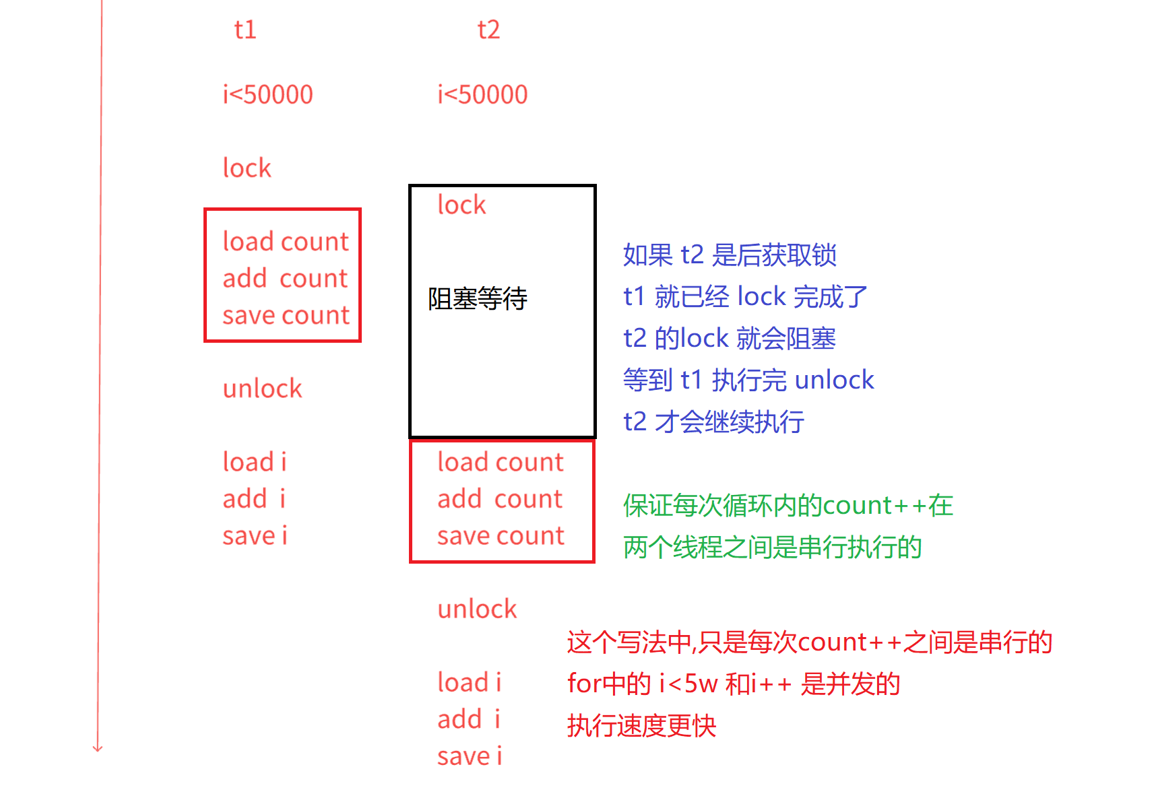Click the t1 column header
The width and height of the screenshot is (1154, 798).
click(245, 30)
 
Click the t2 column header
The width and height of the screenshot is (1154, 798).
click(488, 30)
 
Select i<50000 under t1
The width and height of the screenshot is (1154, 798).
click(267, 95)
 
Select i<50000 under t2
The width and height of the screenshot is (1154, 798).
click(482, 95)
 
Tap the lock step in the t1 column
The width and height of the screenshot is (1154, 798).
click(247, 168)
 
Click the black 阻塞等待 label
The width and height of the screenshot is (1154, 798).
click(477, 298)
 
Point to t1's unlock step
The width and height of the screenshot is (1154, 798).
click(262, 389)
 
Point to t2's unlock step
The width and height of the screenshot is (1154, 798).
click(477, 609)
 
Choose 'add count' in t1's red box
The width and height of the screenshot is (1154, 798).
click(285, 279)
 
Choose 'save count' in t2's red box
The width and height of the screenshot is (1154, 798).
click(501, 536)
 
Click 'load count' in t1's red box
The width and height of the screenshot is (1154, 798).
click(286, 242)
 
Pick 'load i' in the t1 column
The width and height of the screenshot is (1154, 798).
click(255, 463)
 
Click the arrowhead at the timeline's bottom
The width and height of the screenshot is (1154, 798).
click(98, 747)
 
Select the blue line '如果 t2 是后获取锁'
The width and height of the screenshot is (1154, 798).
click(730, 255)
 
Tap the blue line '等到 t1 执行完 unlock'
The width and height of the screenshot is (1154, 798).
click(748, 380)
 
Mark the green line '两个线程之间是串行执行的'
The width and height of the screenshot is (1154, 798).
click(772, 547)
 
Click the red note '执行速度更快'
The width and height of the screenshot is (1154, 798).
click(641, 726)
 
